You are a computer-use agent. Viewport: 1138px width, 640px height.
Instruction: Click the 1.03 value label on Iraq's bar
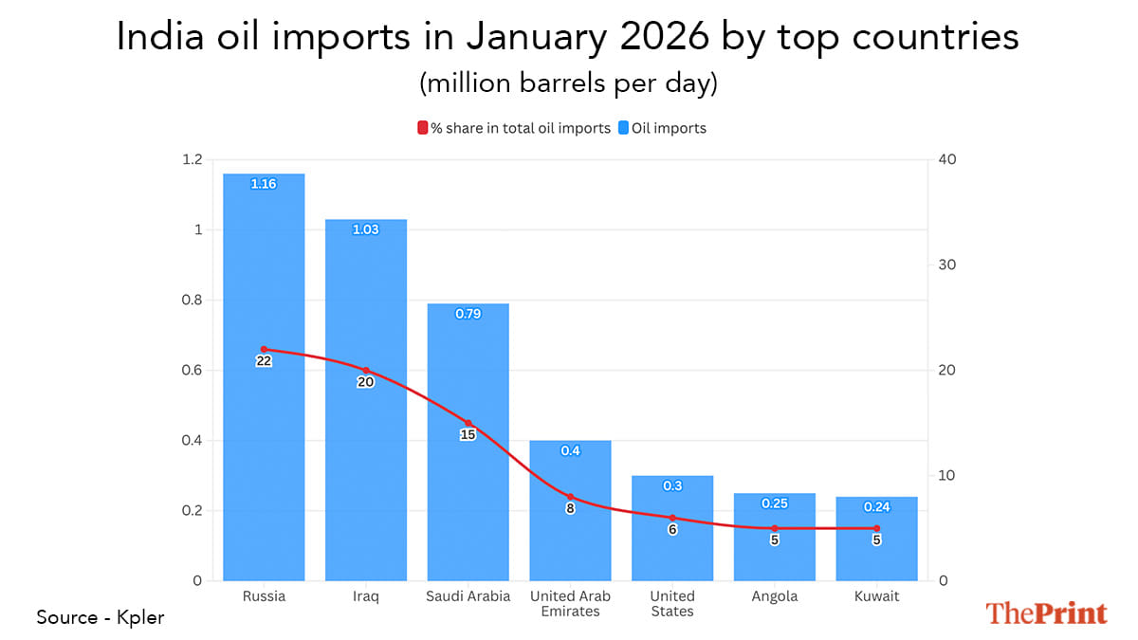[365, 229]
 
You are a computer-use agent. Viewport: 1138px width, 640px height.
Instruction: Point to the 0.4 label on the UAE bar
[570, 451]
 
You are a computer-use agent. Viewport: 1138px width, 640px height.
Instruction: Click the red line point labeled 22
[264, 349]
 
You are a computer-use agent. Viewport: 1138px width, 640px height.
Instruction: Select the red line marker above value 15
[468, 423]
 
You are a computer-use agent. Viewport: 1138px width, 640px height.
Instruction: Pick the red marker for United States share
[672, 518]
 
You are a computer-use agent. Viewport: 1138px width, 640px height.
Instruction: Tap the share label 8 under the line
[570, 508]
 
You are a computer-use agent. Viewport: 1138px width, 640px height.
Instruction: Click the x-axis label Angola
[775, 596]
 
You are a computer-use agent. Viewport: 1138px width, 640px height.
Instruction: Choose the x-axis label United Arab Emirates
[570, 604]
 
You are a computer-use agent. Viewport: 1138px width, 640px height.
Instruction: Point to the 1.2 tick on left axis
[193, 159]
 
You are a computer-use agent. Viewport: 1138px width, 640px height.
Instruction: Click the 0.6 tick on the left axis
[193, 370]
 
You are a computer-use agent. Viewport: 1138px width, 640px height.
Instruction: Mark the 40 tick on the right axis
[946, 159]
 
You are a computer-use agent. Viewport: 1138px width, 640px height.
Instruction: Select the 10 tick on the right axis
[945, 475]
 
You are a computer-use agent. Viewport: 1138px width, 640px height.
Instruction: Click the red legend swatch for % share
[422, 128]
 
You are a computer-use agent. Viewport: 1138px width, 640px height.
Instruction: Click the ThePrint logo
[1046, 613]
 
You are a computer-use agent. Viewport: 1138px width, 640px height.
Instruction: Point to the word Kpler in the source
[142, 617]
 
